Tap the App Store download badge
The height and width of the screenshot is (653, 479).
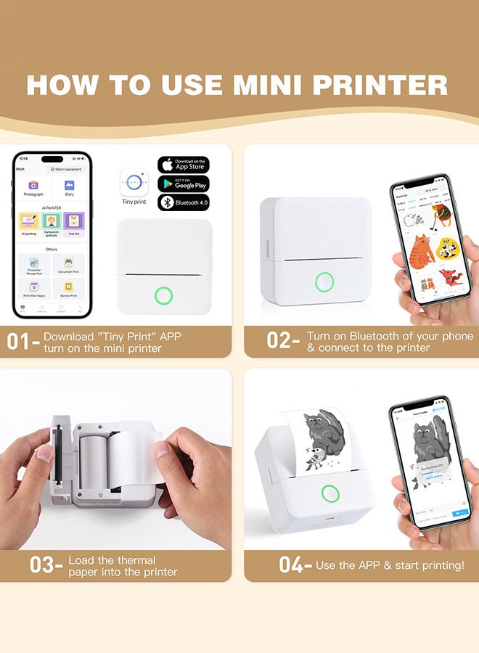(183, 165)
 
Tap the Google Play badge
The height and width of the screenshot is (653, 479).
(183, 184)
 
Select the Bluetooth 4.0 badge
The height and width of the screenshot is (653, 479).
(183, 202)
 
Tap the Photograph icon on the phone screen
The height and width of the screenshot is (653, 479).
(33, 187)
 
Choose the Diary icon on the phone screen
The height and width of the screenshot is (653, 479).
(69, 187)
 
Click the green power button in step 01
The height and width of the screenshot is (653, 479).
(165, 295)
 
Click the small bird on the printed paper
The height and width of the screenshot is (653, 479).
(314, 459)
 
